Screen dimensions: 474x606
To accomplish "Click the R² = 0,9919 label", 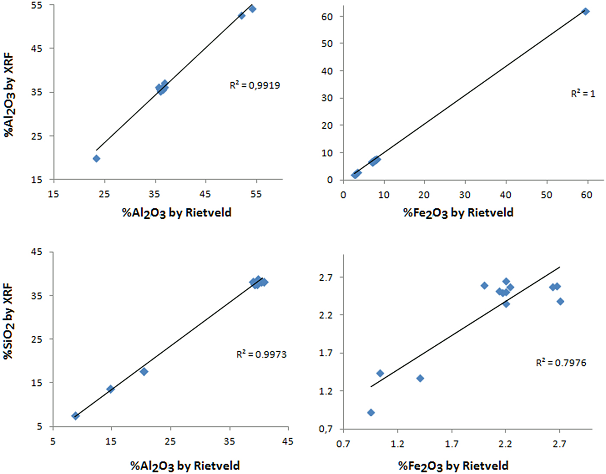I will [255, 85].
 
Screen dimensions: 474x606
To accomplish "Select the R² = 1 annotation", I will [583, 94].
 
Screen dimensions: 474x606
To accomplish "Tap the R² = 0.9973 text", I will [261, 354].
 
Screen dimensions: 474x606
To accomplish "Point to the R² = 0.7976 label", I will [561, 363].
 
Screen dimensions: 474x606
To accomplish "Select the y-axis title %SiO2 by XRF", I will [8, 321].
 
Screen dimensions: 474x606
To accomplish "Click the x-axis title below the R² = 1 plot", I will [458, 213].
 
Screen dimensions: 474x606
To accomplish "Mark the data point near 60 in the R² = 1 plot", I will [585, 11].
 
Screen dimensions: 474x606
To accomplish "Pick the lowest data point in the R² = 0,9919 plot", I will [97, 159].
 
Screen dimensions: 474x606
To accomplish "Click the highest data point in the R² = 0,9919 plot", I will [252, 9].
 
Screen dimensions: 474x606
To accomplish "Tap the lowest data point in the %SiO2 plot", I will [75, 416].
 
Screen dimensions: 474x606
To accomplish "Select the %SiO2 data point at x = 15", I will [110, 389].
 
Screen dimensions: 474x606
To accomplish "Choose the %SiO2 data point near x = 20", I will [144, 372].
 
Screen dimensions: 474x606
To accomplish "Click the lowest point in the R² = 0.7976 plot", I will [371, 412].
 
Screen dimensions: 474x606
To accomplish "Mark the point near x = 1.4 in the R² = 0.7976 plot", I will [420, 378].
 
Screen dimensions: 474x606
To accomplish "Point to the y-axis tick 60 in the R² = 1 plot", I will [327, 16].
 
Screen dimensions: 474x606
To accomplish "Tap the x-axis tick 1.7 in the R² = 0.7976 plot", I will [451, 444].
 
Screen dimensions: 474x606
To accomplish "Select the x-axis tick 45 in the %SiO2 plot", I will [287, 442].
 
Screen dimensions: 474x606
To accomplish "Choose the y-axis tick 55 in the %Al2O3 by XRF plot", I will [37, 5].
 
